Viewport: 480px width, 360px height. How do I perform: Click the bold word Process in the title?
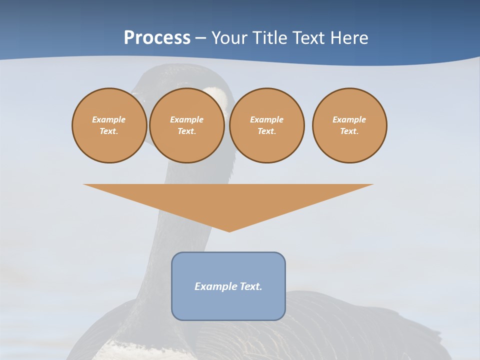157,38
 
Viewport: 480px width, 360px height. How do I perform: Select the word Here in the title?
348,38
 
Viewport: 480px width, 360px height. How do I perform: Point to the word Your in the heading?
230,38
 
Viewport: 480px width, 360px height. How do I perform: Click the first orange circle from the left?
109,125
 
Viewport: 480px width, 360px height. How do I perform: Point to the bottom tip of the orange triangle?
229,230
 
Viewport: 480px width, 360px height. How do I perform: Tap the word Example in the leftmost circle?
109,119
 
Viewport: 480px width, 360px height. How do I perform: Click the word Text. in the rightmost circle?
349,131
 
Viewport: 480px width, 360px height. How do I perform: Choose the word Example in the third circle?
266,119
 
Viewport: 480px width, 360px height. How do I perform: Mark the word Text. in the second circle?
187,131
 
